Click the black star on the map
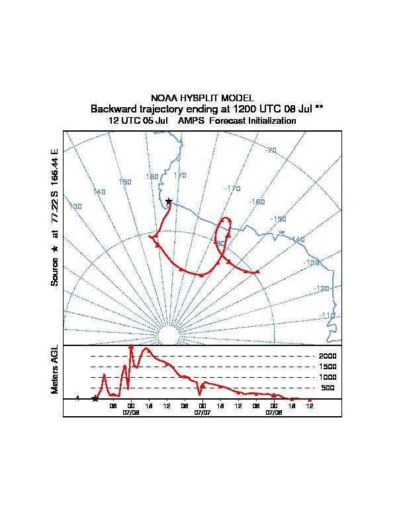pyautogui.click(x=169, y=201)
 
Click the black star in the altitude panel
pyautogui.click(x=95, y=398)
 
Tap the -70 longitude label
pyautogui.click(x=271, y=150)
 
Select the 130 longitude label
pyautogui.click(x=75, y=207)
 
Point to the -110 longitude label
pyautogui.click(x=328, y=316)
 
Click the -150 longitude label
pyautogui.click(x=279, y=219)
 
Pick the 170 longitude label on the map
pyautogui.click(x=179, y=175)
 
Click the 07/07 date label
pyautogui.click(x=202, y=412)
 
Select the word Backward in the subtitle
pyautogui.click(x=114, y=109)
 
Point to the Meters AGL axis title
pyautogui.click(x=55, y=369)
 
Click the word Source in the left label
pyautogui.click(x=55, y=271)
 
